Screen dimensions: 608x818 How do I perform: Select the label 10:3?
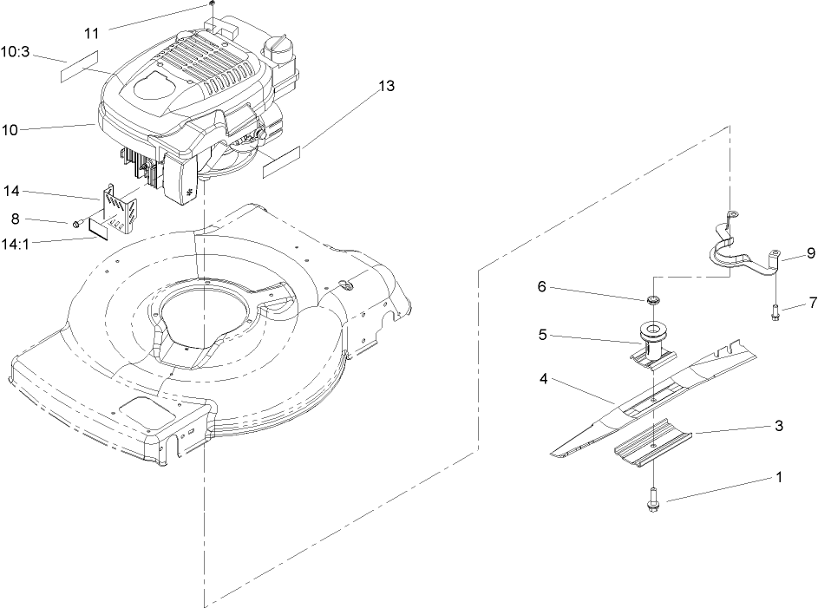17,51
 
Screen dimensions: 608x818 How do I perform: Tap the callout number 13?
386,86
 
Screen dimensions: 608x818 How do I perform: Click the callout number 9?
810,254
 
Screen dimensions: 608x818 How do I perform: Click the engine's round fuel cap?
281,46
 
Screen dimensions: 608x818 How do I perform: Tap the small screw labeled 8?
79,223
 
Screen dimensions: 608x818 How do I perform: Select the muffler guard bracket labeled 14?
117,208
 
